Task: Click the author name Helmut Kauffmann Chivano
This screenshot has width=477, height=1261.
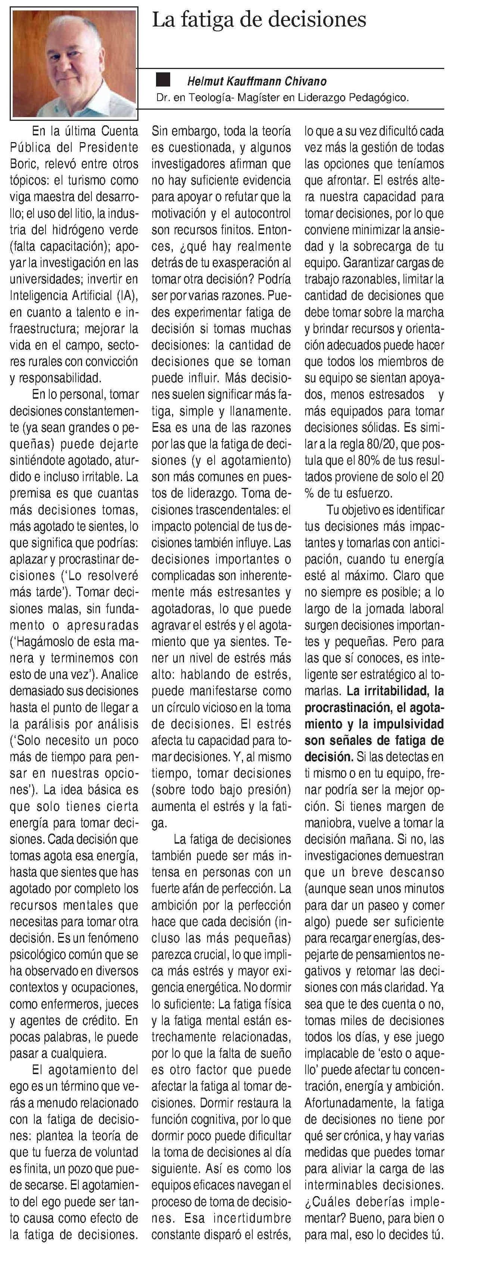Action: click(x=257, y=81)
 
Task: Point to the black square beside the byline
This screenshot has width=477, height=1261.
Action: click(x=163, y=79)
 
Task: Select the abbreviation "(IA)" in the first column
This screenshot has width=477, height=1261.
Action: click(x=127, y=296)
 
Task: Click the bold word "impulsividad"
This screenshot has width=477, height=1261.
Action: click(x=401, y=724)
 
